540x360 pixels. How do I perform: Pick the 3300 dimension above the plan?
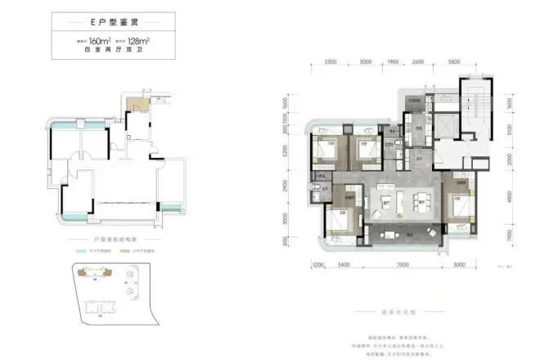tap(331, 62)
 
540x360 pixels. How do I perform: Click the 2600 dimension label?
tap(418, 62)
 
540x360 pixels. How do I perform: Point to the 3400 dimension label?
tap(344, 264)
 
